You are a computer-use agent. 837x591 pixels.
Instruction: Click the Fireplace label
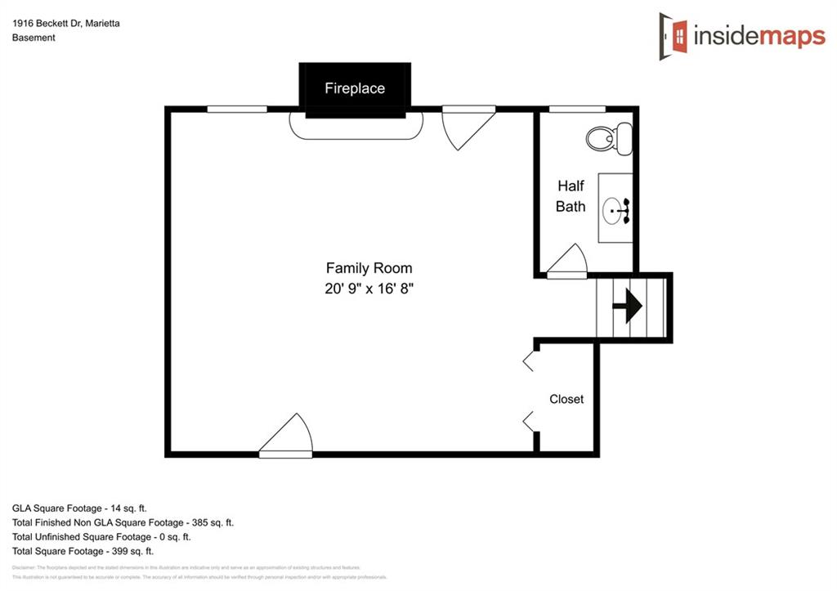pos(355,88)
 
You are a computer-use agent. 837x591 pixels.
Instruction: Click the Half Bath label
pos(571,196)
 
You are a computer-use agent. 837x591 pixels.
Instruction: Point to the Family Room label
pos(369,268)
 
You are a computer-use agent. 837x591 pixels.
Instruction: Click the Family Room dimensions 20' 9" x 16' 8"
pos(369,289)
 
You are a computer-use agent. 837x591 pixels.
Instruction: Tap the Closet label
pos(566,399)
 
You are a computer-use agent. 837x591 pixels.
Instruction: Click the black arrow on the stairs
pos(629,306)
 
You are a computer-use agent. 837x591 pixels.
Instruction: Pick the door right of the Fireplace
pos(466,124)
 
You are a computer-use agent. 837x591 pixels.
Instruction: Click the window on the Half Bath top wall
pos(577,109)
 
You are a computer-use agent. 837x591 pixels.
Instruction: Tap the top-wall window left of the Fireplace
pos(237,109)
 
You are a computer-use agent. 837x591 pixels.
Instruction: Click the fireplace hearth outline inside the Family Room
pos(356,128)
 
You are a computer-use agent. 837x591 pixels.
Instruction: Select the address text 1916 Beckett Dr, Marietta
pos(66,24)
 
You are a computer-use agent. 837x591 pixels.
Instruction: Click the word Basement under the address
pos(34,38)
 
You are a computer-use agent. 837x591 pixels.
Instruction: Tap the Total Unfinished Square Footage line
pos(101,537)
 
